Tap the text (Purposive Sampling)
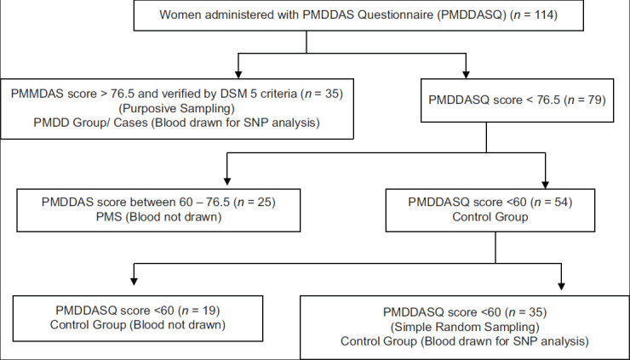[x=177, y=108]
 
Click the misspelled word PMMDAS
[x=36, y=94]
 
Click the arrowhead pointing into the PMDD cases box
[x=238, y=74]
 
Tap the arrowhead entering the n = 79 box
[x=466, y=74]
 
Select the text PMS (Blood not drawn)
[x=158, y=217]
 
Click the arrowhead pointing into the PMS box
[x=227, y=180]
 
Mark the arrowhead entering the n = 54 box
[x=545, y=185]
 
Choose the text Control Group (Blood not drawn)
[x=138, y=324]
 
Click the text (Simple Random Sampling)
[x=465, y=327]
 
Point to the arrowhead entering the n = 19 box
[x=135, y=281]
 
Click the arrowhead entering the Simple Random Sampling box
[x=561, y=286]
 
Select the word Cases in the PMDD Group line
[x=131, y=123]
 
